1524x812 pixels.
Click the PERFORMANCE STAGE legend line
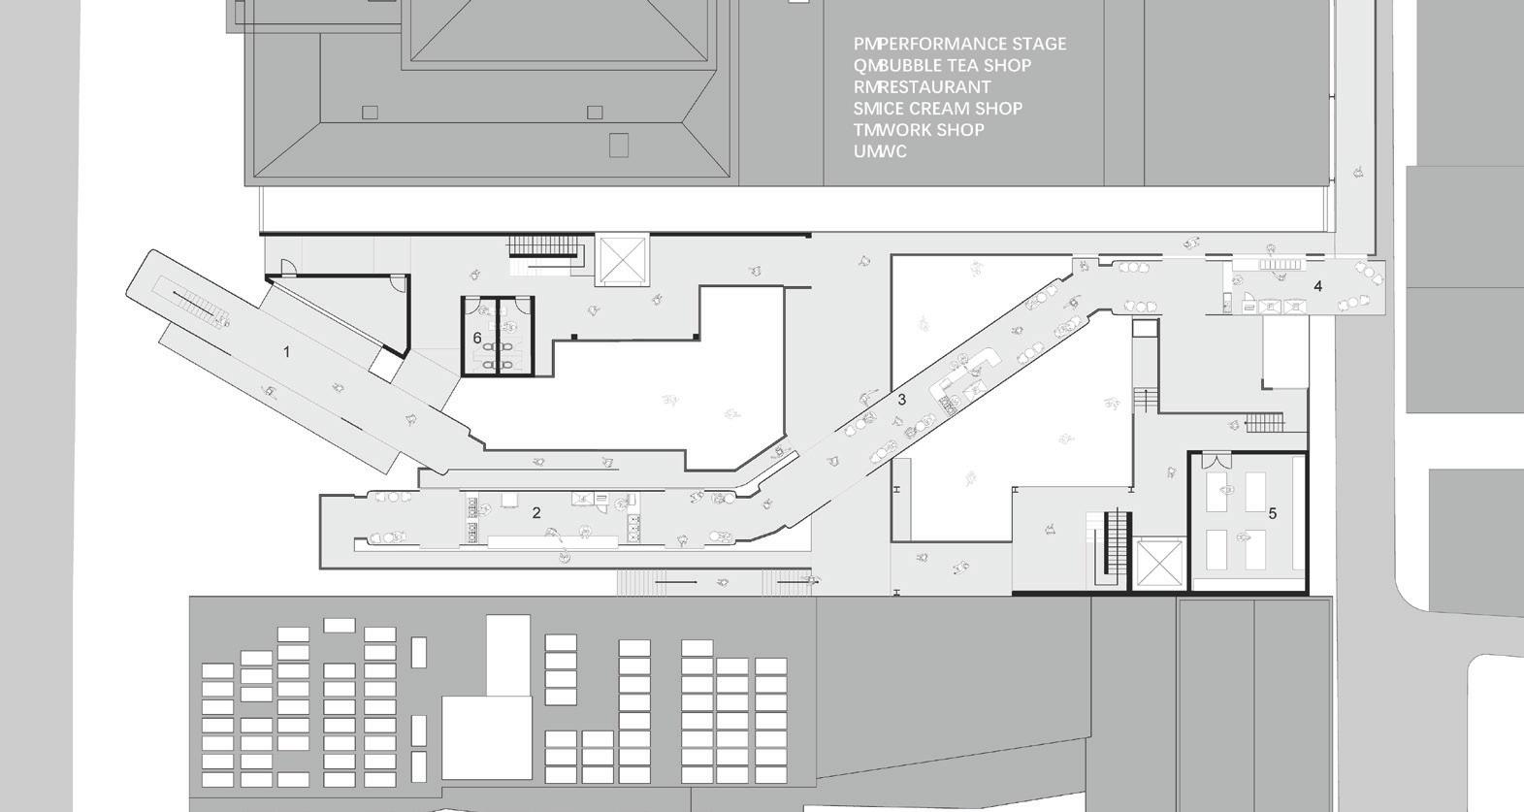(x=959, y=44)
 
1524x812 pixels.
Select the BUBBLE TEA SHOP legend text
(x=942, y=65)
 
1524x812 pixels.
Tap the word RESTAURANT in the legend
(x=922, y=86)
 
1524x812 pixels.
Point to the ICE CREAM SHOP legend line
(x=937, y=108)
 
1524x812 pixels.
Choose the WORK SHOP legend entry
(x=919, y=129)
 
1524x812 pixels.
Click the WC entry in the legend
(x=880, y=150)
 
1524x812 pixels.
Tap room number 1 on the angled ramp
(x=286, y=351)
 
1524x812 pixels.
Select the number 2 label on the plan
(x=536, y=512)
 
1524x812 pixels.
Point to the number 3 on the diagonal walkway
(x=902, y=399)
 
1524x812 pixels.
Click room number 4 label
(x=1317, y=286)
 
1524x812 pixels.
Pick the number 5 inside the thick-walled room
(x=1273, y=513)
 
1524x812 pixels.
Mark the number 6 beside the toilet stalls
(x=477, y=338)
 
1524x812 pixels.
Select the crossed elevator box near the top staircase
(x=621, y=259)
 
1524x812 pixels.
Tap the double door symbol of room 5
(x=1216, y=461)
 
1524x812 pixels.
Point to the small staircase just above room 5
(x=1264, y=422)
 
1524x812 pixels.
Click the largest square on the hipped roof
(x=618, y=145)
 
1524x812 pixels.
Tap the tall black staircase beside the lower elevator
(x=1113, y=548)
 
